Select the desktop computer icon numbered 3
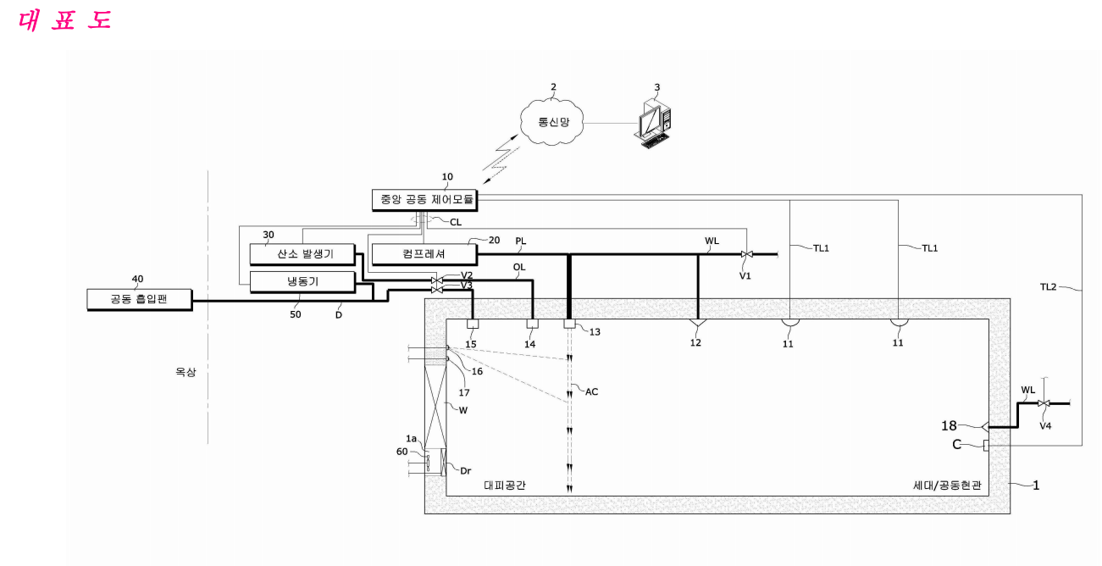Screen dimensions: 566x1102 653,125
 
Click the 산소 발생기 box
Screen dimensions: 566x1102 304,254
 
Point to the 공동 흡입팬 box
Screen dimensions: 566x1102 139,299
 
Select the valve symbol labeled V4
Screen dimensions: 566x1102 1044,403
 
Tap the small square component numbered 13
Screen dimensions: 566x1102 569,324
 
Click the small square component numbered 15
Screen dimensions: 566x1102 473,324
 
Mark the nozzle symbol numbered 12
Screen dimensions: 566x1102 697,324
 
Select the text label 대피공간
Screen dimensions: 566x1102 506,486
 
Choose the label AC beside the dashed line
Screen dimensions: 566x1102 592,391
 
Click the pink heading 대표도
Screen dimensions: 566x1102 65,19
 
